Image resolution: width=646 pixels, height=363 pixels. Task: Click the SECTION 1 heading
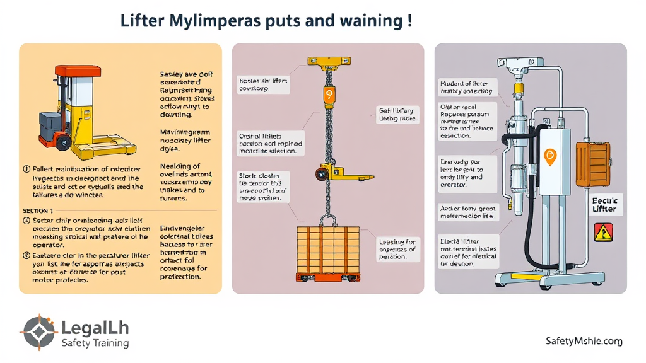click(38, 210)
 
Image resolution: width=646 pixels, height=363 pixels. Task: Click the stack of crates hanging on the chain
click(327, 251)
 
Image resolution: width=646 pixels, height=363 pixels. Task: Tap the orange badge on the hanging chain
click(328, 95)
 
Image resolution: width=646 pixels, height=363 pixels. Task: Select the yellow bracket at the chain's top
click(328, 61)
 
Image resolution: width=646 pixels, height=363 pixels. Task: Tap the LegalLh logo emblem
click(39, 332)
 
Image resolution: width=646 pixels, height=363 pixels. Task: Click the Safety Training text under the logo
click(95, 343)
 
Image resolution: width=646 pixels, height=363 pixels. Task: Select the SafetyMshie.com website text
click(584, 341)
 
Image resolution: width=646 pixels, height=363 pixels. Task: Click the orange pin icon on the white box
click(548, 156)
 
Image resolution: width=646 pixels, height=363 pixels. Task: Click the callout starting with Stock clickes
click(263, 187)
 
